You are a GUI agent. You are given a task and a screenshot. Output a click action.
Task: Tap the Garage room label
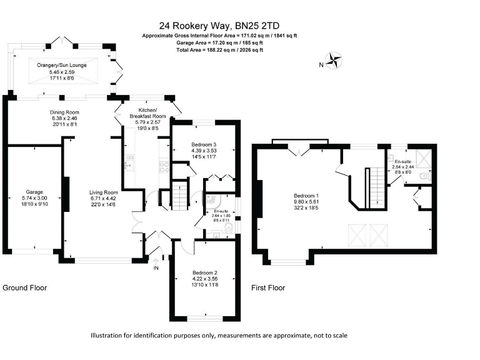pyautogui.click(x=34, y=192)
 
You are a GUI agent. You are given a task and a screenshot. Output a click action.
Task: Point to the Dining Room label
pyautogui.click(x=65, y=112)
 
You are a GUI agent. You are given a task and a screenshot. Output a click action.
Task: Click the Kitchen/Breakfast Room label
pyautogui.click(x=147, y=112)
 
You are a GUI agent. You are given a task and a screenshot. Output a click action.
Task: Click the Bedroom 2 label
pyautogui.click(x=205, y=272)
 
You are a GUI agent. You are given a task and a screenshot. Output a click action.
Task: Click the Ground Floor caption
pyautogui.click(x=25, y=288)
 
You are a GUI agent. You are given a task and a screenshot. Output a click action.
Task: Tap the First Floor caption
pyautogui.click(x=268, y=288)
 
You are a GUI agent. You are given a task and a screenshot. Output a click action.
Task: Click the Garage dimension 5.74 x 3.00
pyautogui.click(x=34, y=199)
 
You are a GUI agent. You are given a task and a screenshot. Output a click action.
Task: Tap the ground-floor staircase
pyautogui.click(x=179, y=194)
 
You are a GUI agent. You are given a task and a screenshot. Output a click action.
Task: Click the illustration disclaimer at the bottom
pyautogui.click(x=218, y=336)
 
